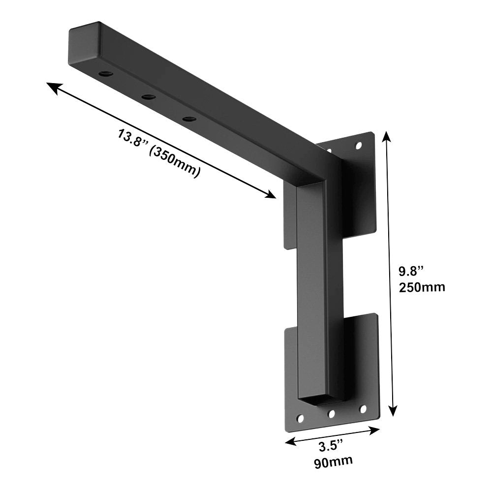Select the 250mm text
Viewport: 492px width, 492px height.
pos(422,286)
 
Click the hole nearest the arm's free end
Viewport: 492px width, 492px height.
pos(106,74)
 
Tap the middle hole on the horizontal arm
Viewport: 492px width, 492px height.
pos(149,97)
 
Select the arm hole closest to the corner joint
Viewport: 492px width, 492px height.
pos(188,119)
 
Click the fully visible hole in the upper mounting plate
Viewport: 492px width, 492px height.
pos(359,146)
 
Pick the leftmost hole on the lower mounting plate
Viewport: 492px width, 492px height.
pos(300,419)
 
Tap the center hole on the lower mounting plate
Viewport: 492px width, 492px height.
pos(332,414)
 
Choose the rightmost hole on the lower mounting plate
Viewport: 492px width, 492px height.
pos(363,409)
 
